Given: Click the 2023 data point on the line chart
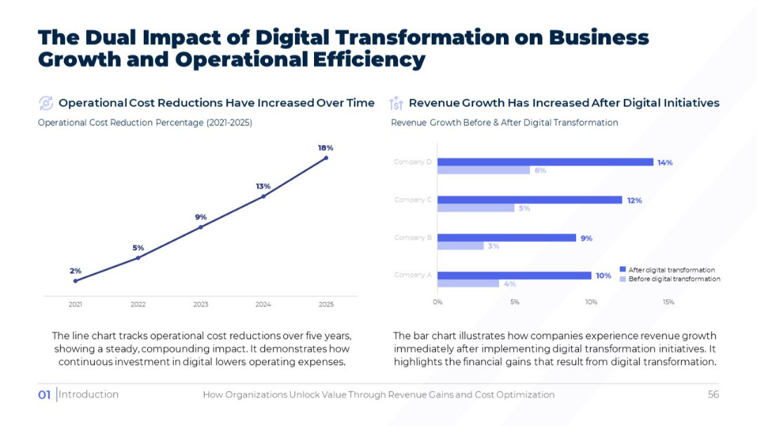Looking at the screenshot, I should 200,227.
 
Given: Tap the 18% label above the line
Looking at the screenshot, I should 325,148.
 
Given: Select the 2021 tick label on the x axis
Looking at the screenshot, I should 75,304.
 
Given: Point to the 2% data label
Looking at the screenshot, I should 75,270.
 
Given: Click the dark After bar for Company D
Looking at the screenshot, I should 545,162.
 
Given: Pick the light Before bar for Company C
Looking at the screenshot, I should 476,208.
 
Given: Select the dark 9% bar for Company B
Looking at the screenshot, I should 507,238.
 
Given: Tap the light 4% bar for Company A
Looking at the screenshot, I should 468,283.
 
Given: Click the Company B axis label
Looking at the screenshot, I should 413,238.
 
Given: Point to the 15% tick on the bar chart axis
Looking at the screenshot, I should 668,302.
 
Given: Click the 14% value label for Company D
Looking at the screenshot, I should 665,163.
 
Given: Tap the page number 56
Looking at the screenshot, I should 713,394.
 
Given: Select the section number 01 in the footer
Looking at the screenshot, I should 44,394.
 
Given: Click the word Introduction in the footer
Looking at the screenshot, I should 88,394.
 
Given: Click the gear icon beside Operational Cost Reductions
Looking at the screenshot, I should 46,103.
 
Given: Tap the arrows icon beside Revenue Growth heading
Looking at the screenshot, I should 396,103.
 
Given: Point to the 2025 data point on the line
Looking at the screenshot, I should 326,158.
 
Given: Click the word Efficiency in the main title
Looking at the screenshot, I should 369,60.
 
